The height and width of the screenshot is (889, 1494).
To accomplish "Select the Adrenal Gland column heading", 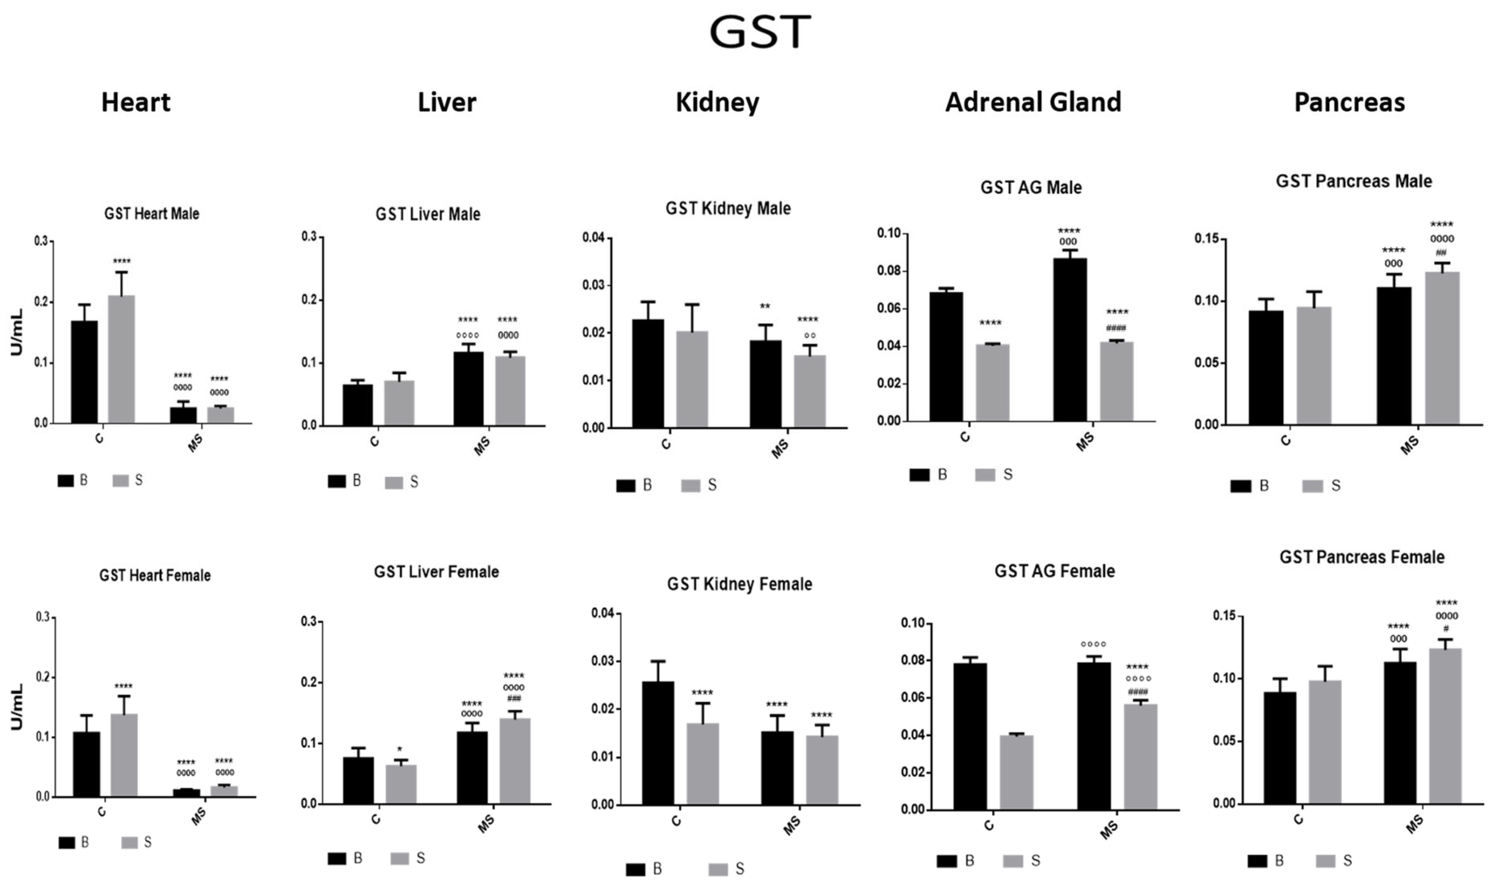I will click(x=1033, y=102).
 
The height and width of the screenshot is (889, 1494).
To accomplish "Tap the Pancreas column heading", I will click(x=1349, y=102).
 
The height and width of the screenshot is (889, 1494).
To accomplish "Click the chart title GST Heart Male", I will click(x=152, y=214).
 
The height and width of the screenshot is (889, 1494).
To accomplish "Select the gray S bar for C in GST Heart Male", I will click(x=122, y=359).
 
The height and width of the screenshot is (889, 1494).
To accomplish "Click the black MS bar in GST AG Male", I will click(x=1070, y=340).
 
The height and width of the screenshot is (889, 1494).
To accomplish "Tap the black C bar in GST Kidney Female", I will click(x=658, y=743).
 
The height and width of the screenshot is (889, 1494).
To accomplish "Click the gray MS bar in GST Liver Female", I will click(x=515, y=761).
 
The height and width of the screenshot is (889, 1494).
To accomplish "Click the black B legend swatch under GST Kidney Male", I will click(x=626, y=486).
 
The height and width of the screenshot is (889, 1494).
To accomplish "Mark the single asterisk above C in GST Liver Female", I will click(x=400, y=749).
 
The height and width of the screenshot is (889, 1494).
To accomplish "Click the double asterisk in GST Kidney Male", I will click(x=765, y=307).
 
